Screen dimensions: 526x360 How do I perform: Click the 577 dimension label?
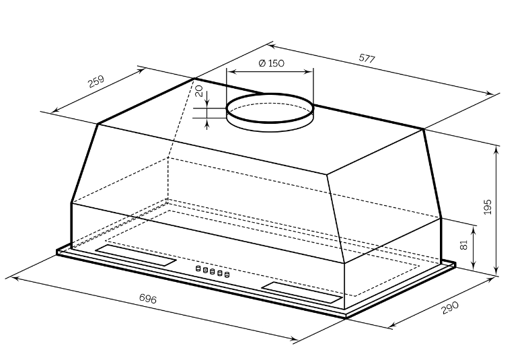367,59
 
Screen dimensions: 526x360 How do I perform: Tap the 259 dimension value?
96,81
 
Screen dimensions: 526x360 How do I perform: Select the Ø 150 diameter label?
271,63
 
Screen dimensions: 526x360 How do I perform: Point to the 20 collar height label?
199,91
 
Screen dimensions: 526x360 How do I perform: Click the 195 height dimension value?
488,207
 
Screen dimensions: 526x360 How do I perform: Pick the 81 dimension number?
463,244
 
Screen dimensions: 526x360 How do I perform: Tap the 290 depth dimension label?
450,308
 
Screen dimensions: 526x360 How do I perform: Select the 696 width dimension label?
147,298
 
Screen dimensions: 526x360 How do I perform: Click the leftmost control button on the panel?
198,268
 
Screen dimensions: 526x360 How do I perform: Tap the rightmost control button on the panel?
227,275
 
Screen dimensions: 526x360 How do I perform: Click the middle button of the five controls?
213,271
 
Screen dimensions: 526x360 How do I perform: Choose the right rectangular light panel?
302,292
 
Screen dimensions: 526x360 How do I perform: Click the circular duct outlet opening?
270,108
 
